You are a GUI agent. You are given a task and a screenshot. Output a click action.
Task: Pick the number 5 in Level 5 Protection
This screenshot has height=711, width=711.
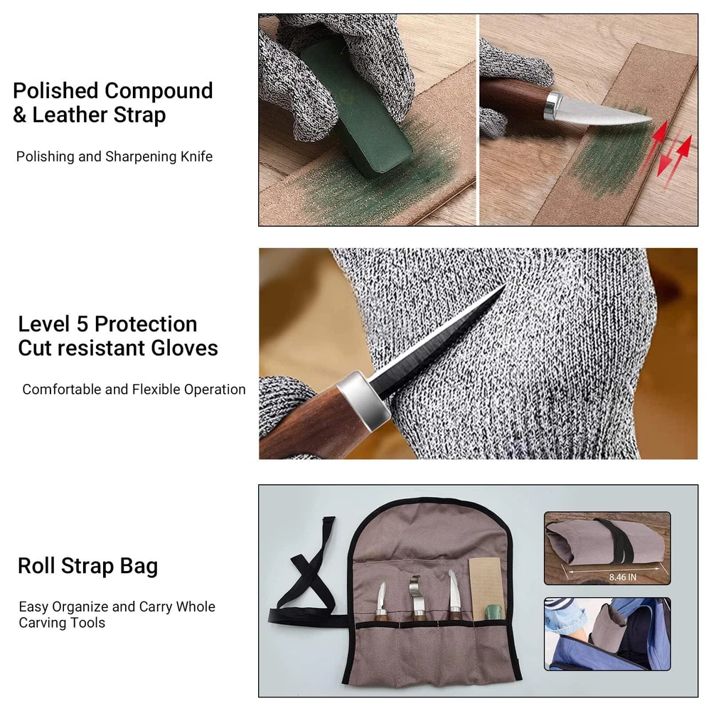coord(82,325)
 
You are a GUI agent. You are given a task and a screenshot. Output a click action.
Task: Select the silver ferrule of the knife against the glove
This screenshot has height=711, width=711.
coord(363,399)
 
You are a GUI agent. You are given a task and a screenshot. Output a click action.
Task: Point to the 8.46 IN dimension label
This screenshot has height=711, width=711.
coord(623,577)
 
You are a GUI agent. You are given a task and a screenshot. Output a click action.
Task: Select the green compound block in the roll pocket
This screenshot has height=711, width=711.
coord(493,611)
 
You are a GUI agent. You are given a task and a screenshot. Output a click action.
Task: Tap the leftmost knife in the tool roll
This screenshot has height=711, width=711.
coord(381,602)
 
